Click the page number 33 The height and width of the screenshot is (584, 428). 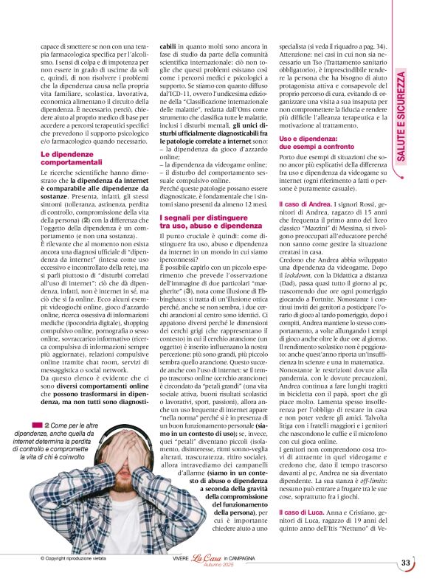(406, 563)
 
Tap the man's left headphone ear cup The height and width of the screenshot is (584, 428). (101, 459)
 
